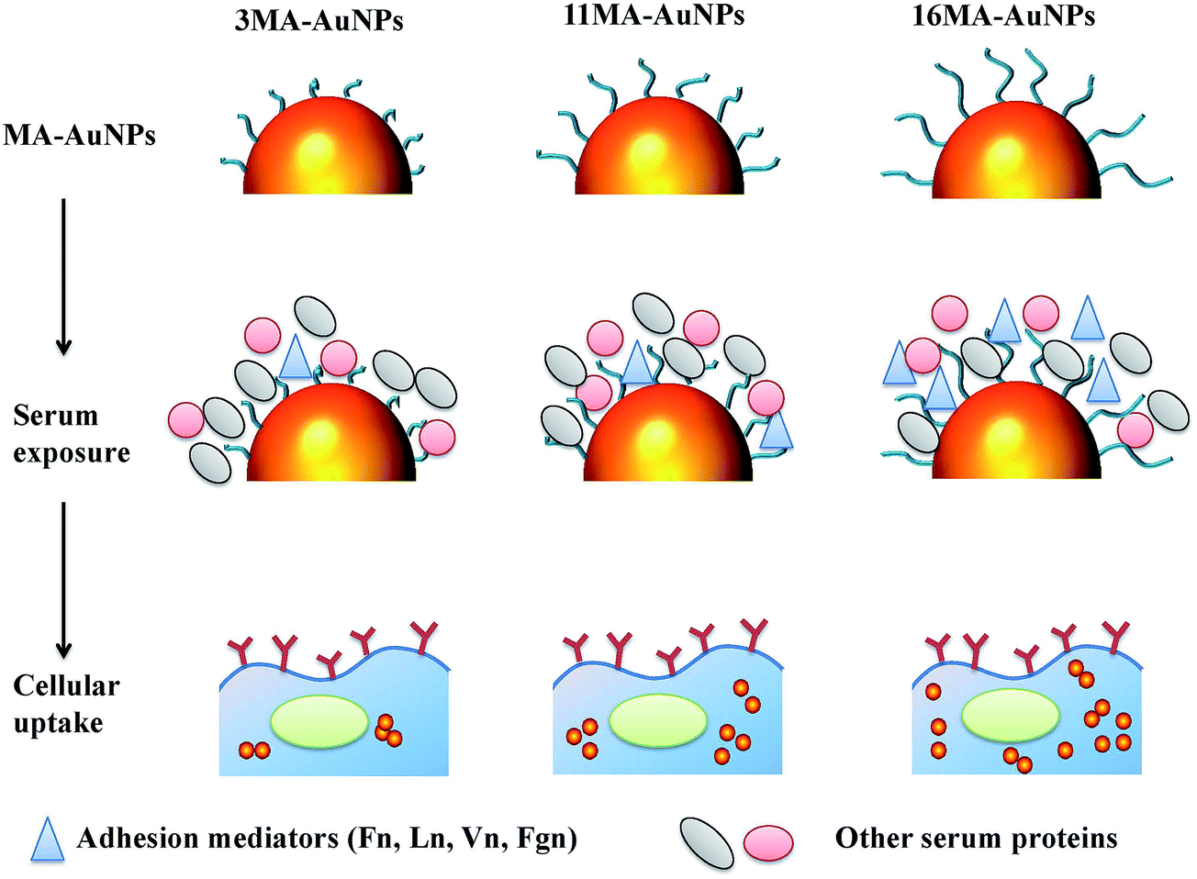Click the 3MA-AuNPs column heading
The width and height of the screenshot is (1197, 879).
pyautogui.click(x=319, y=22)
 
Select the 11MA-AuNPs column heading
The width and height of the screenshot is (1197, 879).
pyautogui.click(x=654, y=15)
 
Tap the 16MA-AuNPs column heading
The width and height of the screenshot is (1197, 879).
pyautogui.click(x=1003, y=16)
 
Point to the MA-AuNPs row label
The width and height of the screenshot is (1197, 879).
pyautogui.click(x=79, y=135)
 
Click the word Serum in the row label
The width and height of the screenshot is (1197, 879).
pyautogui.click(x=56, y=415)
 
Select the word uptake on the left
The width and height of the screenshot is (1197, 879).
pyautogui.click(x=58, y=724)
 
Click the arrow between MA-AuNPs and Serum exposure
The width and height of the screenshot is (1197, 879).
pyautogui.click(x=63, y=276)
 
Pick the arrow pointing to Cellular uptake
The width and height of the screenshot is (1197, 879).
pyautogui.click(x=63, y=581)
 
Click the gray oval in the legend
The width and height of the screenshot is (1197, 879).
pyautogui.click(x=707, y=843)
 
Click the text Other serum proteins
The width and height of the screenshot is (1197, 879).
pyautogui.click(x=977, y=839)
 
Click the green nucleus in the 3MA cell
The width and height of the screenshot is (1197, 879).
pyautogui.click(x=319, y=721)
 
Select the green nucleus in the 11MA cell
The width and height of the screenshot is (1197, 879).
pyautogui.click(x=658, y=720)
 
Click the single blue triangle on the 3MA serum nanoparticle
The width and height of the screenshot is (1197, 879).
pyautogui.click(x=296, y=358)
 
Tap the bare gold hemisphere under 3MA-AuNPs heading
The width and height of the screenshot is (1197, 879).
pyautogui.click(x=328, y=145)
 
